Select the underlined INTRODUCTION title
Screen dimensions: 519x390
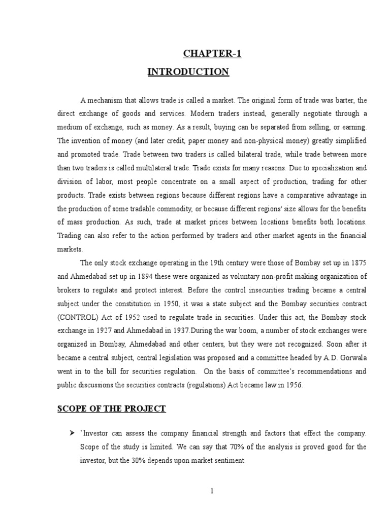coord(188,72)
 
